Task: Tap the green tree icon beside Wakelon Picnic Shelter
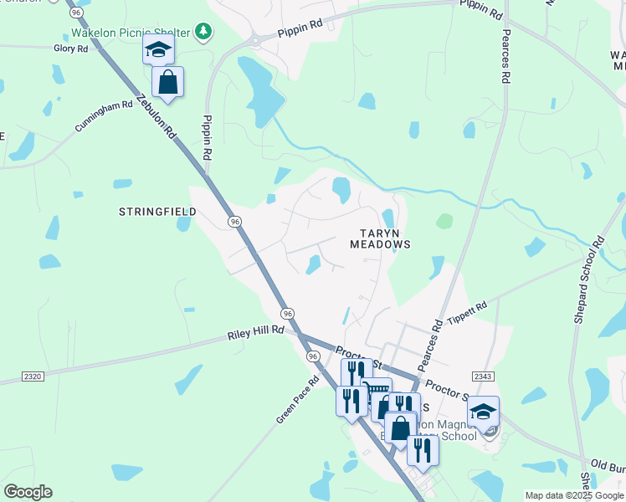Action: pyautogui.click(x=203, y=32)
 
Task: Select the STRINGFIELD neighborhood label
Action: pyautogui.click(x=156, y=212)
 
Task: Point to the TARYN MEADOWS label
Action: pyautogui.click(x=380, y=238)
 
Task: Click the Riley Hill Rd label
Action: pyautogui.click(x=256, y=334)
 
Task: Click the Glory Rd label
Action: pyautogui.click(x=70, y=49)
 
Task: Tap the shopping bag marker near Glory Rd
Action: pyautogui.click(x=168, y=83)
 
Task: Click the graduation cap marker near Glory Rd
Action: pyautogui.click(x=157, y=50)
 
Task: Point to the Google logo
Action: pyautogui.click(x=28, y=492)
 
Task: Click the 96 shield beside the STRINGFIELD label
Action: pyautogui.click(x=235, y=221)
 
